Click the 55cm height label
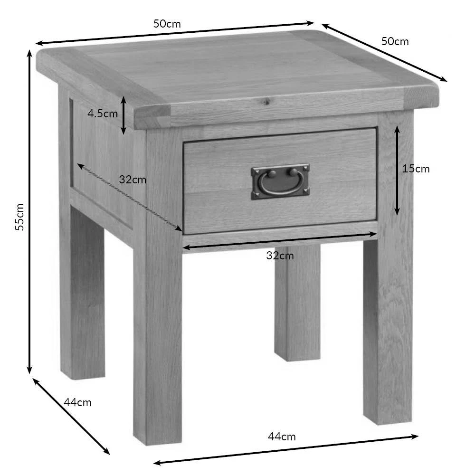click(x=19, y=217)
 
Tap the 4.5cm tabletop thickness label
click(x=103, y=114)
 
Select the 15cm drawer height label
click(x=416, y=169)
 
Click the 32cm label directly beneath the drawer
click(x=280, y=256)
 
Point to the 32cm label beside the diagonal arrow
click(x=133, y=180)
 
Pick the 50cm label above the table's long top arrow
click(x=167, y=24)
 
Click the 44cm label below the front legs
click(x=282, y=437)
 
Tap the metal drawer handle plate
click(x=280, y=182)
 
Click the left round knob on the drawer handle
click(x=272, y=174)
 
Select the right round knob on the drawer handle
click(x=293, y=172)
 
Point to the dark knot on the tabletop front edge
click(x=266, y=102)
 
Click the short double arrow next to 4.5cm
click(x=123, y=115)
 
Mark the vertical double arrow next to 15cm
click(x=397, y=171)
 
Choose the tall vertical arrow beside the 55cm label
click(x=29, y=212)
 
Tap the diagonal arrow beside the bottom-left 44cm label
click(x=71, y=417)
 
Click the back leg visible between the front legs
click(x=298, y=303)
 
